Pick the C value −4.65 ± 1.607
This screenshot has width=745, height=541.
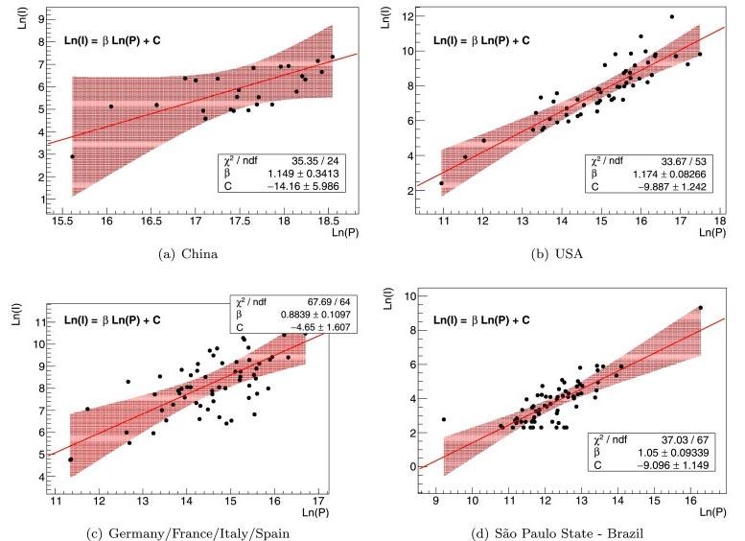click(311, 327)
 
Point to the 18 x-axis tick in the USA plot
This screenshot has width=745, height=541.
click(719, 222)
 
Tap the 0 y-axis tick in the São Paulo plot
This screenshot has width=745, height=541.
click(411, 466)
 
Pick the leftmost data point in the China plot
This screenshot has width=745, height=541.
click(72, 155)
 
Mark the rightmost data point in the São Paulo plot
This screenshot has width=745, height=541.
click(701, 308)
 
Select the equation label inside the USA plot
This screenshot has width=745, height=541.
click(479, 41)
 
